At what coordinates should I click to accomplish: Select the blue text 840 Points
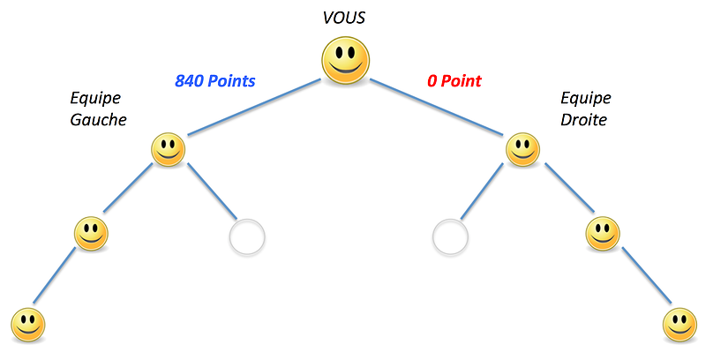click(215, 81)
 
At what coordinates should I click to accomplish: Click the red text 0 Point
click(454, 81)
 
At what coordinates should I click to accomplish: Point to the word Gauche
click(98, 120)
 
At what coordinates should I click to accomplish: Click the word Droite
click(584, 120)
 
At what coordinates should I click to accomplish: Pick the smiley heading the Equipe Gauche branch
click(169, 149)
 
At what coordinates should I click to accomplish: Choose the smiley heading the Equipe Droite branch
click(522, 149)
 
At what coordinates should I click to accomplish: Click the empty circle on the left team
click(246, 236)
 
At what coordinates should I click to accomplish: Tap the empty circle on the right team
click(450, 236)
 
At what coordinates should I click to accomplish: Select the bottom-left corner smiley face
click(26, 325)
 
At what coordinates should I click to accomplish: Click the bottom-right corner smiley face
click(679, 325)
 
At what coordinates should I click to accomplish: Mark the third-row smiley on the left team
click(91, 235)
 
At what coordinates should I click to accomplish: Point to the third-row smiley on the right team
click(604, 235)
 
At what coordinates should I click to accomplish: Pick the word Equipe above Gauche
click(95, 97)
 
